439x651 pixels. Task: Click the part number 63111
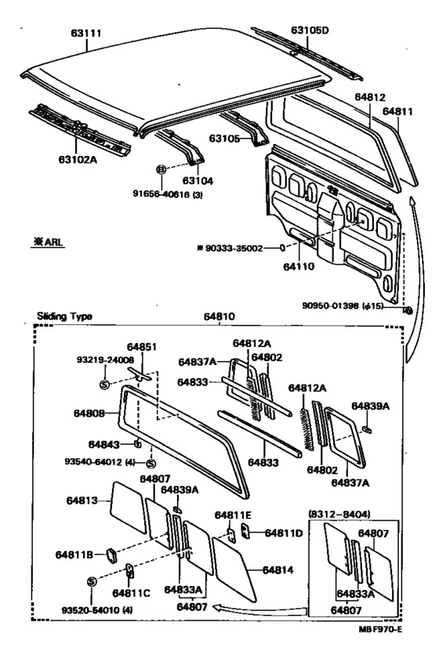[86, 33]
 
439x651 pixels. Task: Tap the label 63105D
[310, 30]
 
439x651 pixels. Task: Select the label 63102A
[78, 159]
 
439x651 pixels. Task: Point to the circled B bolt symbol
[161, 169]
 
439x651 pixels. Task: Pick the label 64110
[299, 266]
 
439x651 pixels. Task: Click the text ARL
[54, 241]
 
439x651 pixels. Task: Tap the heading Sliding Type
[64, 316]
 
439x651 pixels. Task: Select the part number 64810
[219, 316]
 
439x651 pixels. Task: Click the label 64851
[142, 347]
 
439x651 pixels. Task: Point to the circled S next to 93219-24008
[104, 385]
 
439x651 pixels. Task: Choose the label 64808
[89, 413]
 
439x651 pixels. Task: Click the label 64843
[103, 444]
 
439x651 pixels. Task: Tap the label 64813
[82, 501]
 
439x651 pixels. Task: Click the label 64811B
[74, 555]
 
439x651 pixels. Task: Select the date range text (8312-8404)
[339, 515]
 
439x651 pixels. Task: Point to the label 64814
[278, 570]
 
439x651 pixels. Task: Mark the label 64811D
[284, 533]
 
